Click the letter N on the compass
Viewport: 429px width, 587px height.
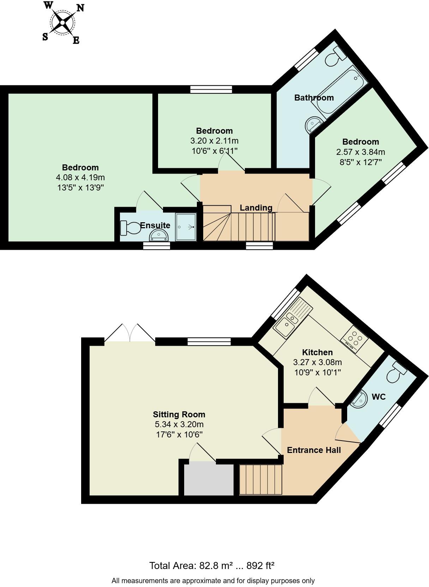tap(80, 8)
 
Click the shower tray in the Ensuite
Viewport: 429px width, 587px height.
tap(186, 227)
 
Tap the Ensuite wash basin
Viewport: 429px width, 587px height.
tap(159, 235)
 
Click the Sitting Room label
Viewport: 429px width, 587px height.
tap(179, 414)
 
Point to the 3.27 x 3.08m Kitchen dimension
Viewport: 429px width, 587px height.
tap(317, 362)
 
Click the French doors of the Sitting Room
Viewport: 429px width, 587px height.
tap(130, 333)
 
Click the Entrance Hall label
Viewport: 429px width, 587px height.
tap(314, 450)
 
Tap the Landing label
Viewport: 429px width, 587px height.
tap(256, 208)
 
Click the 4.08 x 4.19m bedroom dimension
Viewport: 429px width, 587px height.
tap(80, 177)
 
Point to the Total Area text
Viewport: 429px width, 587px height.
tap(212, 566)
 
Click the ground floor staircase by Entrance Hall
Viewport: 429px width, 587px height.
tap(261, 479)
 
